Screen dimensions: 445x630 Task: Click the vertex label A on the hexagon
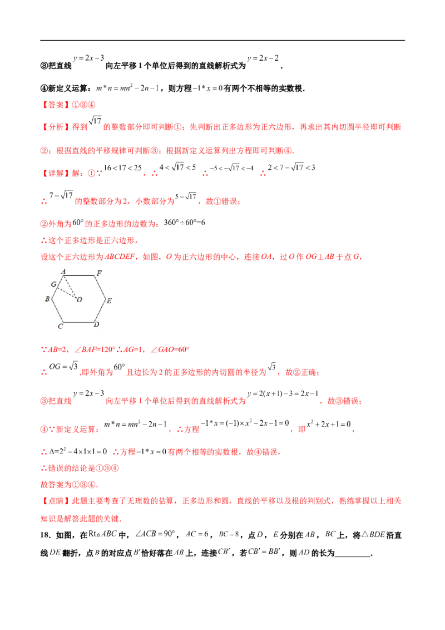(x=63, y=272)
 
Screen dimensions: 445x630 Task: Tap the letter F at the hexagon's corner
(x=99, y=273)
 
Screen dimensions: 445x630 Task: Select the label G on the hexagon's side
(x=53, y=284)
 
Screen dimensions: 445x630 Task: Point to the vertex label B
(x=48, y=299)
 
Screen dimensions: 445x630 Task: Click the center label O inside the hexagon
(x=80, y=300)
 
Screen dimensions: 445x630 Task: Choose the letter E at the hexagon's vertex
(x=110, y=301)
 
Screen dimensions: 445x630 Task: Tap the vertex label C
(x=60, y=326)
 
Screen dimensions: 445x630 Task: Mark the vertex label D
(x=96, y=324)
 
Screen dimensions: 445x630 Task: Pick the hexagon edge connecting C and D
(x=78, y=322)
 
